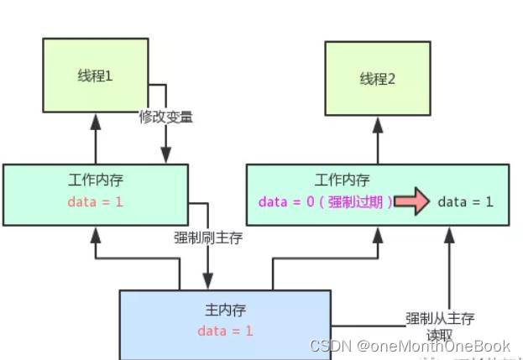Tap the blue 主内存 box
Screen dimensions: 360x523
click(x=224, y=323)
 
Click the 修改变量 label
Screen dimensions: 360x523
click(x=166, y=117)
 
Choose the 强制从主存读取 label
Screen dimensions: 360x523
click(x=441, y=325)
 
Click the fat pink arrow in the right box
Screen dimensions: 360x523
click(x=411, y=202)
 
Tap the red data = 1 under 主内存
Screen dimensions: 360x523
click(x=225, y=331)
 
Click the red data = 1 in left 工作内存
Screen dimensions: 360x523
click(x=96, y=202)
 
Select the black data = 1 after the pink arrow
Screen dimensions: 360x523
click(x=465, y=202)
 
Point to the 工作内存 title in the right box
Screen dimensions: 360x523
click(x=343, y=180)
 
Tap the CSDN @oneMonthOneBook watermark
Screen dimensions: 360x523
click(x=410, y=346)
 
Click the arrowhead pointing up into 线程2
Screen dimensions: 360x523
click(x=377, y=124)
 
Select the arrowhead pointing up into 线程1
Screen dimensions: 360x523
click(x=95, y=123)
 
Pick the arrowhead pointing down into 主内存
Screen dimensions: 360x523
click(x=207, y=281)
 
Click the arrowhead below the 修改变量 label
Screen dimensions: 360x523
click(x=165, y=155)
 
